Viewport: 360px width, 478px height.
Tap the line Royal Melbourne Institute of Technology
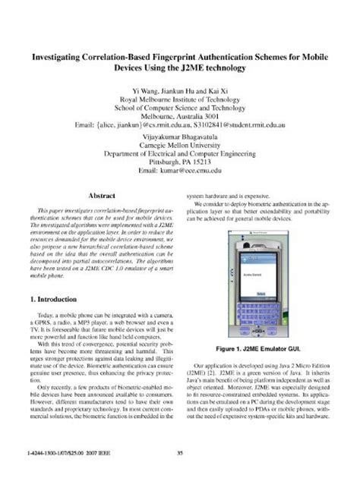tap(180, 99)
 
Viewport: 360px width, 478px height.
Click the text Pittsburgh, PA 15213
tap(180, 162)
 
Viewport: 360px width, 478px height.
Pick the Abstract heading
tap(102, 195)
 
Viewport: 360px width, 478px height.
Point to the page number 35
tap(180, 454)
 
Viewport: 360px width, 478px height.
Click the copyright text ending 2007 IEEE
tap(55, 454)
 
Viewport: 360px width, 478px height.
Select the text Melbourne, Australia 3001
tap(180, 108)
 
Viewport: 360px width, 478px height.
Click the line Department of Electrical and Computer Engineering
tap(180, 152)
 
